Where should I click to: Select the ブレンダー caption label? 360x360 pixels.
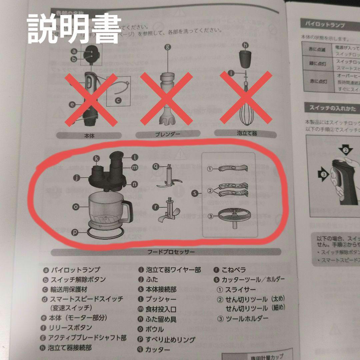[168, 134]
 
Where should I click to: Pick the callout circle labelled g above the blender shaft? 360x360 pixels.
[168, 47]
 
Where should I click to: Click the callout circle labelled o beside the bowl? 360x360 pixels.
[76, 207]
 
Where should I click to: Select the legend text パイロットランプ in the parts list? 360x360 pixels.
[75, 269]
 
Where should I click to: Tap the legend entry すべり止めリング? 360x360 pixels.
[170, 339]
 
